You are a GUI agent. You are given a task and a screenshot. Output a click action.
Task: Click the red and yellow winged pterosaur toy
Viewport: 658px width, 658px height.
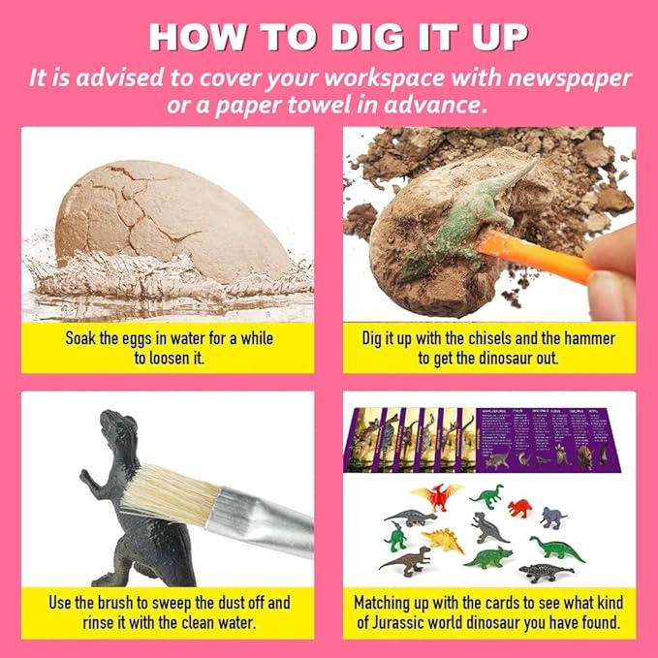438,495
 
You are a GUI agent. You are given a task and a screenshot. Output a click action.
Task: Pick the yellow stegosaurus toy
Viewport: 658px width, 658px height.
445,538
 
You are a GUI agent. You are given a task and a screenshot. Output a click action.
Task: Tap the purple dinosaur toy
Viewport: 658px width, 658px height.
552,516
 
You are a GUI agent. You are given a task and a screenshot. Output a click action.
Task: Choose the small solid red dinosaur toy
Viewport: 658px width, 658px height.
520,506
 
